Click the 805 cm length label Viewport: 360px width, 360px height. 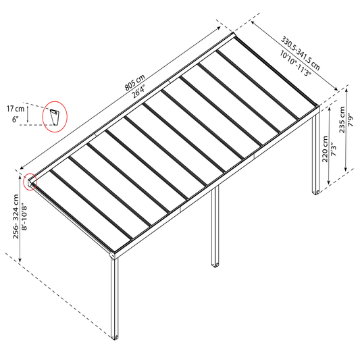click(135, 82)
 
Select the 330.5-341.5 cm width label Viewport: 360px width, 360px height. click(301, 53)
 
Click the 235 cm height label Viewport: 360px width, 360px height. click(342, 120)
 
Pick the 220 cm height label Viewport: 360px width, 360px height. click(325, 149)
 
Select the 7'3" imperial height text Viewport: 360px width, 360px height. click(334, 150)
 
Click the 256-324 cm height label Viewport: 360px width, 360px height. click(16, 217)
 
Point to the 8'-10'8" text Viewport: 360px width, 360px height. click(24, 217)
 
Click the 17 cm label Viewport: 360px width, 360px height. click(16, 109)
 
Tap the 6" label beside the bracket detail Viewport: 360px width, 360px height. click(15, 120)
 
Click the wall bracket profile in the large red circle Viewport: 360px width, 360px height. click(55, 117)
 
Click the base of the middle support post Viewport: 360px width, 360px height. click(215, 265)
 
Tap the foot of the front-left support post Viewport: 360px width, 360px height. click(115, 337)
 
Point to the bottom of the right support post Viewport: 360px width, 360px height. click(315, 192)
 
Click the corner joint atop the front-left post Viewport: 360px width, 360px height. click(113, 255)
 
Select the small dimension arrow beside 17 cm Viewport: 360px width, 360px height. click(28, 114)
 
